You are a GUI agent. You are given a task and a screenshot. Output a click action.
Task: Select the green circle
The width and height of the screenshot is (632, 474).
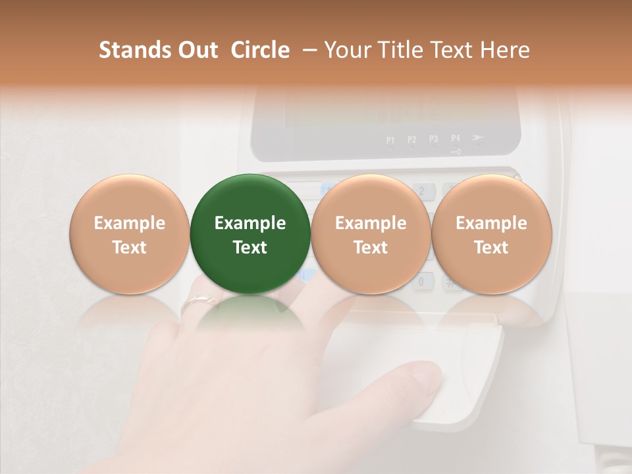pos(250,234)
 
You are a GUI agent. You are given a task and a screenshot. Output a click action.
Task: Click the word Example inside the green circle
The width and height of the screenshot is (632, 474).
pos(250,223)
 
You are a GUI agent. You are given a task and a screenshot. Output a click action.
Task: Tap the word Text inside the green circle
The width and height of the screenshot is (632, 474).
pos(250,248)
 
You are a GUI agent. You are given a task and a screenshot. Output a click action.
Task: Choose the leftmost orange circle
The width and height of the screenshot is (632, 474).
pos(130,234)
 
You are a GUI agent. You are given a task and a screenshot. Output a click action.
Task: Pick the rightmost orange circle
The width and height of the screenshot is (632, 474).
pos(491,234)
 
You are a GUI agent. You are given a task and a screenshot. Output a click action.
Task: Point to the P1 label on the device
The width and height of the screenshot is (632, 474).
pos(390,140)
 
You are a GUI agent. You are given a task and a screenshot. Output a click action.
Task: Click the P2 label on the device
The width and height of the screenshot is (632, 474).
pos(412,140)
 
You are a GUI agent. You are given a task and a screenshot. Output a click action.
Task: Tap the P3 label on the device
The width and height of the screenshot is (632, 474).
pos(434,140)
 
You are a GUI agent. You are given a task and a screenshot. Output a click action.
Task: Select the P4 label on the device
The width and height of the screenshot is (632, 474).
pos(456,139)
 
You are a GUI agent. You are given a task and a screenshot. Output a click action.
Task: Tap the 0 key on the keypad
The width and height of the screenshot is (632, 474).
pos(423,282)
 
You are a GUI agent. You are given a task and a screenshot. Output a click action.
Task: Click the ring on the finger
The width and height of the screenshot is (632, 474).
pos(199,302)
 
